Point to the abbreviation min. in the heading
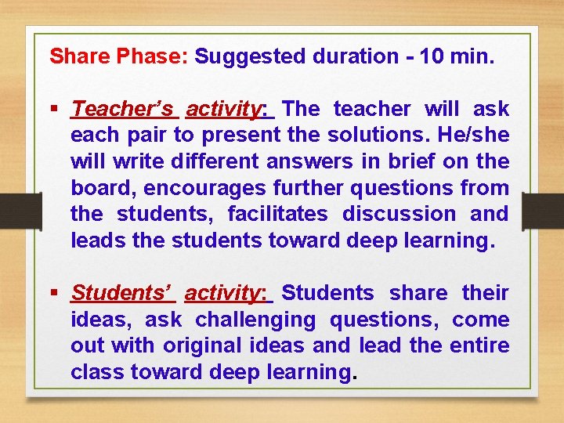point(472,56)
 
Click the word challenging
point(255,320)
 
